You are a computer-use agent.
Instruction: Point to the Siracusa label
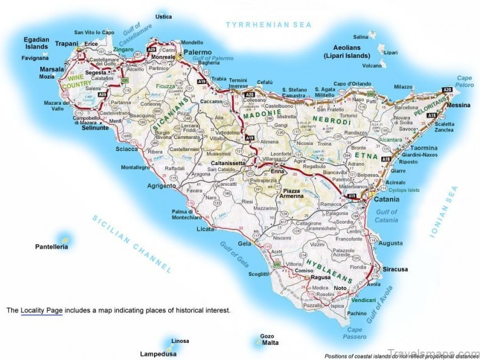tap(395, 269)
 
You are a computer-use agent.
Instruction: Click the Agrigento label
tap(161, 185)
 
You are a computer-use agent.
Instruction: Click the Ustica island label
tap(163, 16)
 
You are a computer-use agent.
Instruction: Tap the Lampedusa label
tap(158, 353)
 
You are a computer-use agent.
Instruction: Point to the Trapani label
tap(67, 43)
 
